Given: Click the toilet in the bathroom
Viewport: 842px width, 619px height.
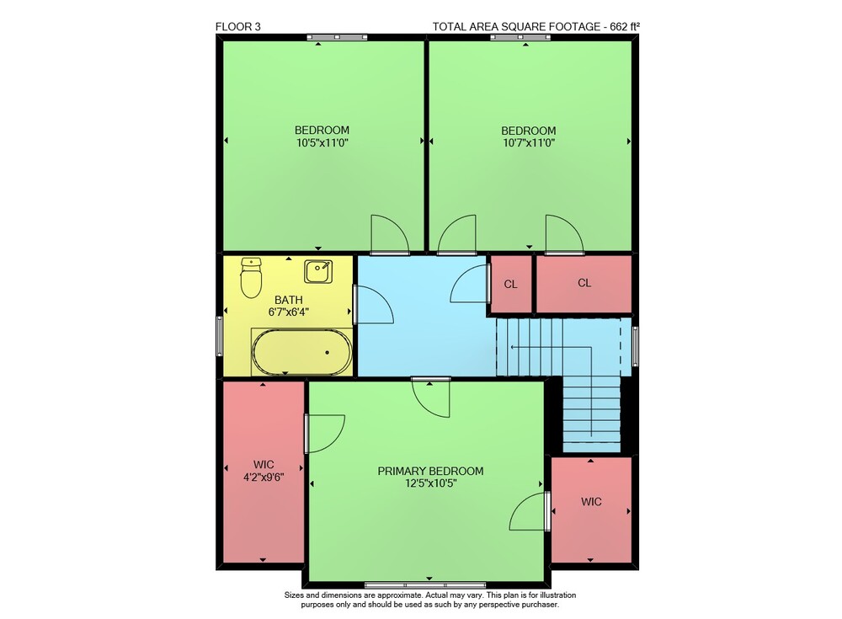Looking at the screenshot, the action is coord(251,277).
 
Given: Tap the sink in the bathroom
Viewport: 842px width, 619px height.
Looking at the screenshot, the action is coord(318,271).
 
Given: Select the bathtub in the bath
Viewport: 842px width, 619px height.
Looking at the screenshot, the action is coord(301,352).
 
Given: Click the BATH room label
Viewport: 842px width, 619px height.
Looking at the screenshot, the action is coord(289,300).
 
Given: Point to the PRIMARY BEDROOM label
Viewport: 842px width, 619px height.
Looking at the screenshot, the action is coord(430,472).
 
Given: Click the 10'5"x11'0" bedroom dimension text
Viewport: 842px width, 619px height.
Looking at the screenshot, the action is coord(322,143).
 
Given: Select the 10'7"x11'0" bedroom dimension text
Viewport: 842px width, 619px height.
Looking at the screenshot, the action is coord(529,143).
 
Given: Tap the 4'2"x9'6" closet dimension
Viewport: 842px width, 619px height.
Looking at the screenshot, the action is coord(264,477).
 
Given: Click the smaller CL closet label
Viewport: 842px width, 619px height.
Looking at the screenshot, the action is coord(511,285).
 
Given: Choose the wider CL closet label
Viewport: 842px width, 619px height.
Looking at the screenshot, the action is coord(584,283).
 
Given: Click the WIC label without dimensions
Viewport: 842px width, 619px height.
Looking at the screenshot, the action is coord(591,502).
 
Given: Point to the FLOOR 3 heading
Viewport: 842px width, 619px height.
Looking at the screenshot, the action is coord(238,27).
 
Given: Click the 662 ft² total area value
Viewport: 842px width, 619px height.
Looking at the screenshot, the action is coord(625,26).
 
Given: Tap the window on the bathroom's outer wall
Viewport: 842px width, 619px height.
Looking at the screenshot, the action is coord(219,336).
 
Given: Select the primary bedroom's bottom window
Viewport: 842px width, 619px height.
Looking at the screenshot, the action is coord(425,584).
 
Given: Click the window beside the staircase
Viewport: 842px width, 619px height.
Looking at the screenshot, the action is coord(635,347).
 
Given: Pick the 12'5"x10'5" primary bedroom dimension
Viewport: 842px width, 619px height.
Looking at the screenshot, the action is coord(430,483).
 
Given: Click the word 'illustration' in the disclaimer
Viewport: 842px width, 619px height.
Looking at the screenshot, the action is coord(558,595).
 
